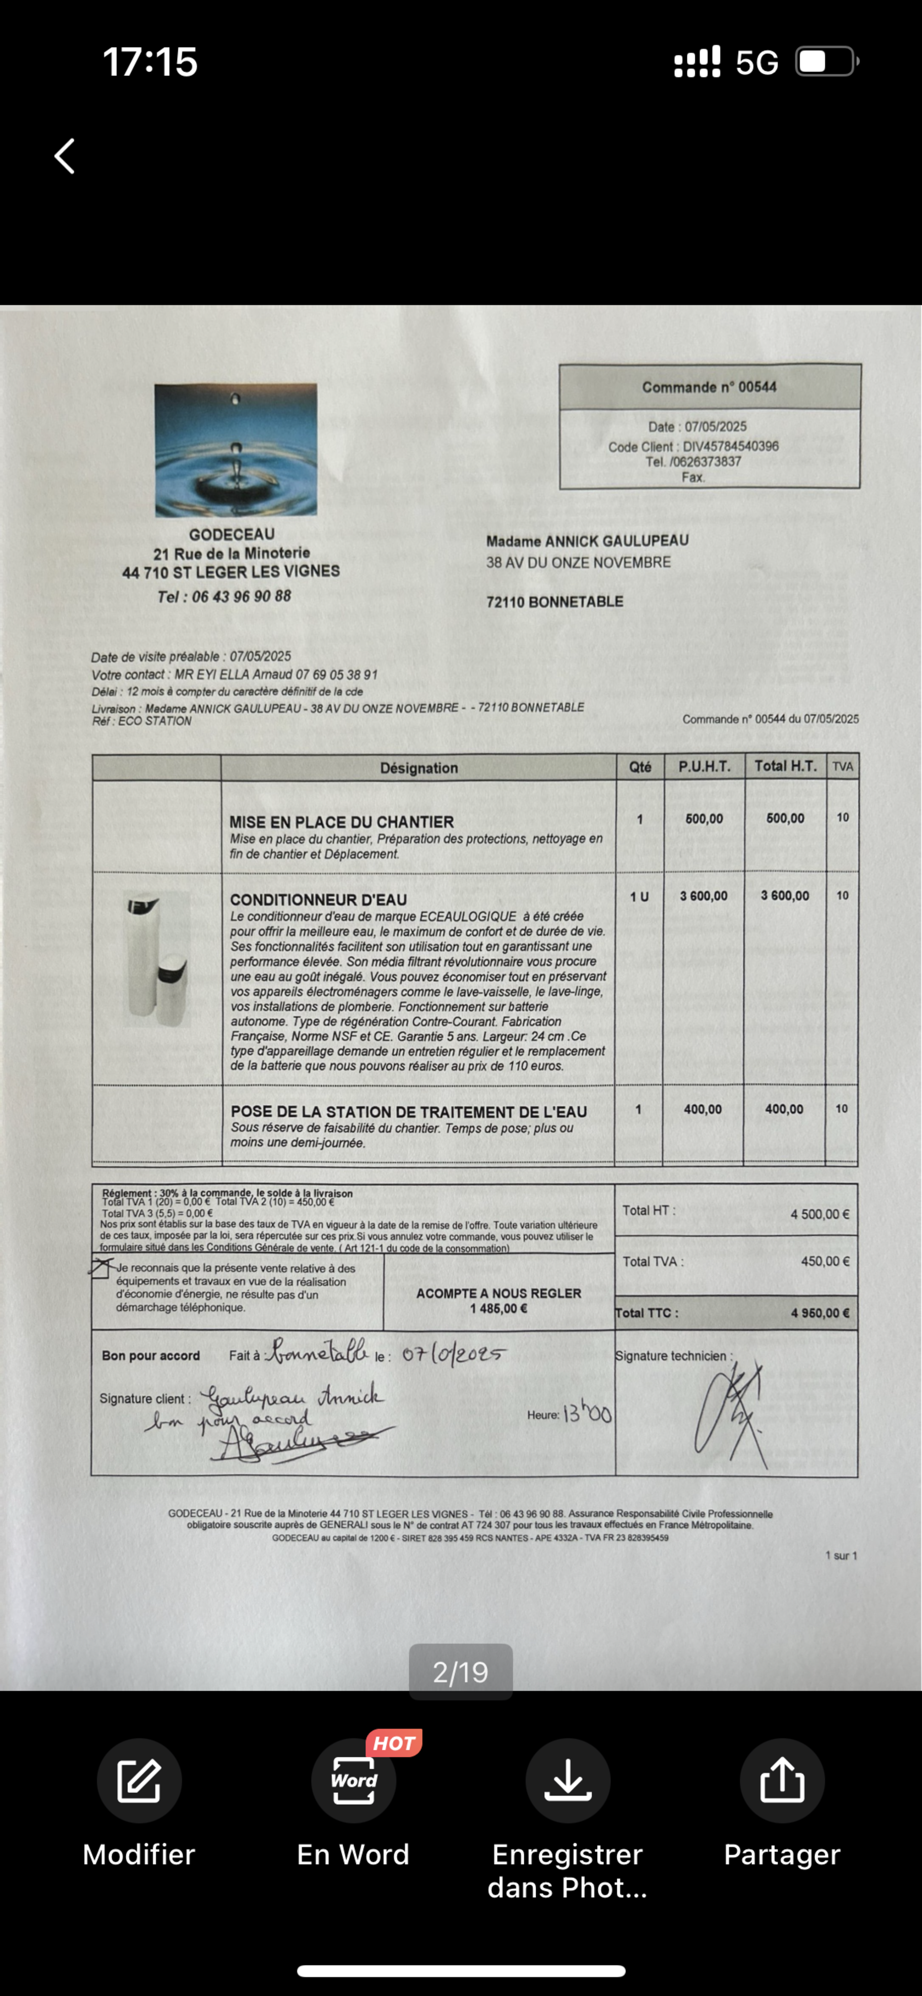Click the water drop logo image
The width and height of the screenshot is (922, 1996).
[x=236, y=449]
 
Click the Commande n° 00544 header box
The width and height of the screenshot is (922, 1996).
[x=709, y=386]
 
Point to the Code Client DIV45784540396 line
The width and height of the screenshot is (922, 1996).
[x=693, y=446]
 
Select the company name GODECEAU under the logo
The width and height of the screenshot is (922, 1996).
[x=232, y=535]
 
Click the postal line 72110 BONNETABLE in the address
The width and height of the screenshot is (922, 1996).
[x=555, y=601]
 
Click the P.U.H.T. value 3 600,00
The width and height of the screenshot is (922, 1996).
[x=703, y=896]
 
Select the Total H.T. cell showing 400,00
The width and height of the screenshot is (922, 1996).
[x=784, y=1109]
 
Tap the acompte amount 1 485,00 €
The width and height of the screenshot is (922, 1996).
[x=498, y=1309]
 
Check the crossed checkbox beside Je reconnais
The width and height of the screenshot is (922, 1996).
[x=100, y=1268]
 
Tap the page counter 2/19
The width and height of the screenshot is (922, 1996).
[x=460, y=1672]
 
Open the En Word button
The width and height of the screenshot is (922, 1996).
[x=353, y=1781]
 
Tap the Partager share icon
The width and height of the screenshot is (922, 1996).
[x=782, y=1781]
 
